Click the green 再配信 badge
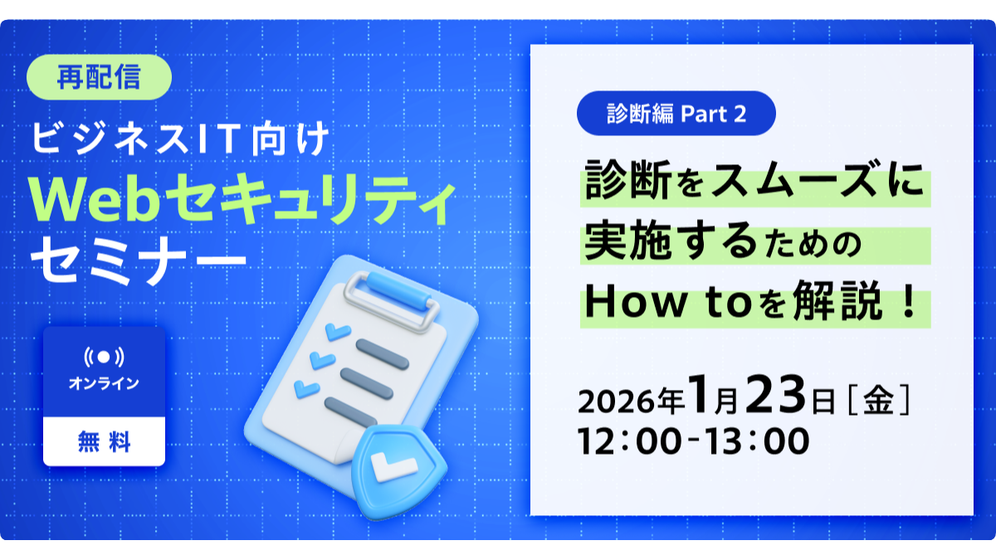[99, 77]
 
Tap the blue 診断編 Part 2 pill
[676, 114]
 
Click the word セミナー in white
[139, 260]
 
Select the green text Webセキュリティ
[242, 198]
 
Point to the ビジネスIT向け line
[181, 139]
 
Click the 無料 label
[104, 441]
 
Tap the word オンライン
[104, 383]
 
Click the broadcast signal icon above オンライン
[104, 358]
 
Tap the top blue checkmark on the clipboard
[338, 332]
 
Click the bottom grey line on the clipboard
[351, 412]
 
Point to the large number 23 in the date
[775, 394]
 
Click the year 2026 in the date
[617, 402]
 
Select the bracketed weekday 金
[879, 401]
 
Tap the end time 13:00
[757, 441]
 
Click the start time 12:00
[630, 441]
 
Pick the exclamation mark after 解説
[907, 302]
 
